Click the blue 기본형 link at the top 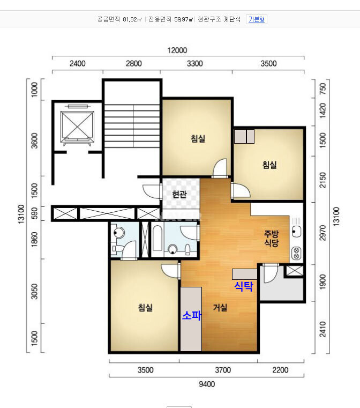point(256,19)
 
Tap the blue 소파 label point(192,315)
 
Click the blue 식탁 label point(244,286)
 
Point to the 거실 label point(220,307)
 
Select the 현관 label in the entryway point(179,194)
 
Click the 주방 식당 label point(272,239)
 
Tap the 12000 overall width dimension point(177,50)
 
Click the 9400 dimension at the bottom point(207,384)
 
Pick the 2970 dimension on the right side point(322,233)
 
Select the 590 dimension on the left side point(34,213)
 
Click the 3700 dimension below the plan point(223,370)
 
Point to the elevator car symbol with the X point(77,127)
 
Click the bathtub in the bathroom point(158,239)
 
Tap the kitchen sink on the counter point(296,231)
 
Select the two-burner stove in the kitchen point(296,253)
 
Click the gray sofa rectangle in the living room point(191,319)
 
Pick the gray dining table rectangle point(245,275)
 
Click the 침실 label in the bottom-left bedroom point(145,307)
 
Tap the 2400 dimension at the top point(78,63)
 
